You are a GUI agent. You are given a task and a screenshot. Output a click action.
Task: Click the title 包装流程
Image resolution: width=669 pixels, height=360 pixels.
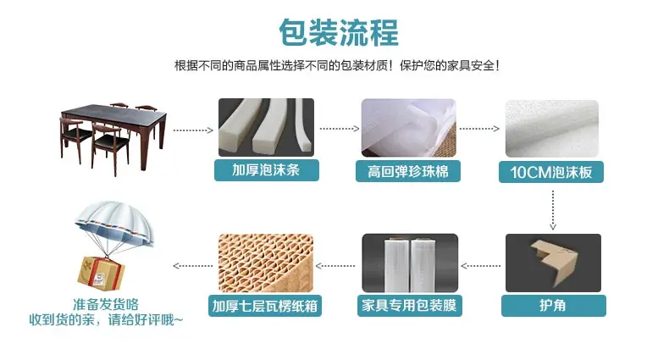pyautogui.click(x=339, y=32)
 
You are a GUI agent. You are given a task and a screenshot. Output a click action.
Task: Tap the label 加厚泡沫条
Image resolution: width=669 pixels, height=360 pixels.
pyautogui.click(x=266, y=170)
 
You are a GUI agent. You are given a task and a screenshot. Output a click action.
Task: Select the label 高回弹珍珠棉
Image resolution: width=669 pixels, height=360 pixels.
pyautogui.click(x=408, y=171)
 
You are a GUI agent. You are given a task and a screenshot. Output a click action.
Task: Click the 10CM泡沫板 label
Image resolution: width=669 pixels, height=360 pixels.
pyautogui.click(x=550, y=172)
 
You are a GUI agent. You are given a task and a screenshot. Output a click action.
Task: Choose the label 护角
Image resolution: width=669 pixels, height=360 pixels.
pyautogui.click(x=553, y=306)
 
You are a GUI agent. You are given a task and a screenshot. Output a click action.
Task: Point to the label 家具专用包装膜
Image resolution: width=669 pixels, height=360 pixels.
pyautogui.click(x=410, y=306)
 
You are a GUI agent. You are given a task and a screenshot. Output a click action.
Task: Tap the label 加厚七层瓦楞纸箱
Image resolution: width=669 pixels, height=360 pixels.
pyautogui.click(x=265, y=306)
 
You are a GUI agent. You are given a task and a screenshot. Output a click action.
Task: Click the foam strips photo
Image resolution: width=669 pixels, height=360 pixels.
pyautogui.click(x=266, y=128)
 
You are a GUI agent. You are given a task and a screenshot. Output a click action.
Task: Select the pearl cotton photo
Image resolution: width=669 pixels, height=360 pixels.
pyautogui.click(x=409, y=128)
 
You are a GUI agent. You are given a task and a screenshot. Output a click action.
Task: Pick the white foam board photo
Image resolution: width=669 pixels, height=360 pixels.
pyautogui.click(x=552, y=129)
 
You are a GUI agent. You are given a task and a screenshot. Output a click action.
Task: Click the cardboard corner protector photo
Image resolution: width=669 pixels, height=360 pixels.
pyautogui.click(x=553, y=263)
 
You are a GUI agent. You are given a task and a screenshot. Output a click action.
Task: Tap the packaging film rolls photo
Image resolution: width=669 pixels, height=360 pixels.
pyautogui.click(x=410, y=263)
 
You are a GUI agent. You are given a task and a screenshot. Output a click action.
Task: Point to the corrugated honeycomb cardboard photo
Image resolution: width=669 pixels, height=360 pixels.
pyautogui.click(x=266, y=263)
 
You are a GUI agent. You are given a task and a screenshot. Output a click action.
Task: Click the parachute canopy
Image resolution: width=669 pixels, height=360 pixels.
pyautogui.click(x=114, y=222)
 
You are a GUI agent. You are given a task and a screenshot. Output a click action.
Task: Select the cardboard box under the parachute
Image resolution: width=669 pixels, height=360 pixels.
pyautogui.click(x=101, y=274)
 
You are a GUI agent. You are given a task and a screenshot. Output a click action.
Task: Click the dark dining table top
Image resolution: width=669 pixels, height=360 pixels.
pyautogui.click(x=113, y=112)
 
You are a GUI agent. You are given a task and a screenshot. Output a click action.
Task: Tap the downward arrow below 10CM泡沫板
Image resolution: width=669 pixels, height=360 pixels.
pyautogui.click(x=553, y=210)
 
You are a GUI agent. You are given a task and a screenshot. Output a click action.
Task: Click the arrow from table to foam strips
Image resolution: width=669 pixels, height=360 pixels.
pyautogui.click(x=193, y=130)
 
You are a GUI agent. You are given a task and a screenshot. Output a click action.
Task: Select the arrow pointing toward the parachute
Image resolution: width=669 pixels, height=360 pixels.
pyautogui.click(x=193, y=266)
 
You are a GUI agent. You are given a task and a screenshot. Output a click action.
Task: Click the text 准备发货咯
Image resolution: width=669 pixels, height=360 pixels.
pyautogui.click(x=106, y=305)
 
